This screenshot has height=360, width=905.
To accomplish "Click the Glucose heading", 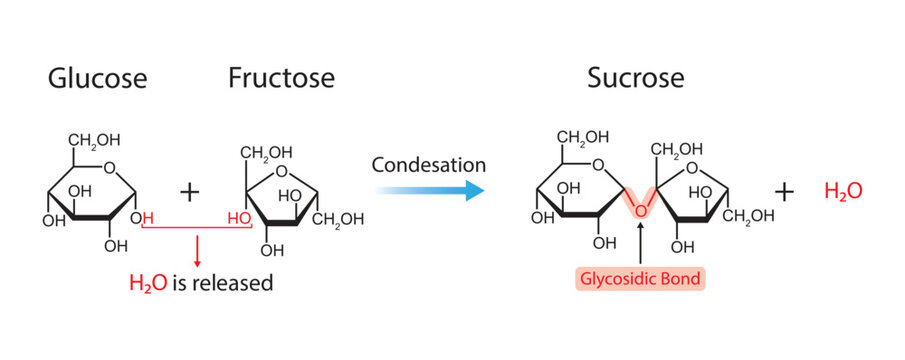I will (x=98, y=78).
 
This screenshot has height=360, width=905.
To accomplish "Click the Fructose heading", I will (x=281, y=78).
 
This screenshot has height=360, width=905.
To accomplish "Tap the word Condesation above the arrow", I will (x=429, y=164).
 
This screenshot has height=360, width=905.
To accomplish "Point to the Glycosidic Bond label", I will (x=637, y=277).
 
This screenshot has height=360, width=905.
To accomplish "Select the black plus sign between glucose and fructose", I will (x=189, y=190).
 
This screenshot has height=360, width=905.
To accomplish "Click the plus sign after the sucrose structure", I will (x=785, y=191).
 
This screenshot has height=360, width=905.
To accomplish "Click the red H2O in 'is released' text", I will (x=149, y=283).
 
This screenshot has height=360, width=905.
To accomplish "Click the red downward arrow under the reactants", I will (x=197, y=250).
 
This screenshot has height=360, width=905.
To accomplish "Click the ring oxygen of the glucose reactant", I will (x=109, y=168).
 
